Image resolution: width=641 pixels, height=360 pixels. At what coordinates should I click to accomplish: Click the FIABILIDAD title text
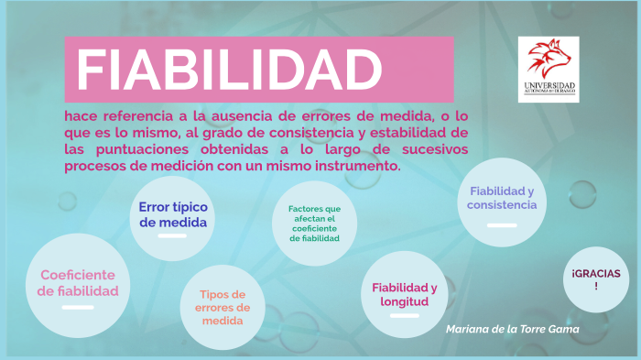pos(229,69)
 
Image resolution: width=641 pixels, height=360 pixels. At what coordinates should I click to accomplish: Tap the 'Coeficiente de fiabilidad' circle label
pos(78,283)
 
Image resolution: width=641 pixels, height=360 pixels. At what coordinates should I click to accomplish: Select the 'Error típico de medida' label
pos(173,214)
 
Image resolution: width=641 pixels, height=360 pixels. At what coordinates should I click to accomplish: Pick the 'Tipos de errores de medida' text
pos(223,308)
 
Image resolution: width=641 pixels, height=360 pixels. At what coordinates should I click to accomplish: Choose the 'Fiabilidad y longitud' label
pos(404,294)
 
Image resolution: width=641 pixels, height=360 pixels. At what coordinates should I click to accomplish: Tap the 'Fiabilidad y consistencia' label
pos(501,198)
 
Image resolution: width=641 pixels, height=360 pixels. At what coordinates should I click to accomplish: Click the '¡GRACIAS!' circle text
pos(596,279)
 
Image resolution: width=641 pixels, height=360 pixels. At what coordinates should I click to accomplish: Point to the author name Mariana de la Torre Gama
pos(513,328)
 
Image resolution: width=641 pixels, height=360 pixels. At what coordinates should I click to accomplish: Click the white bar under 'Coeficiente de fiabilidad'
pos(78,307)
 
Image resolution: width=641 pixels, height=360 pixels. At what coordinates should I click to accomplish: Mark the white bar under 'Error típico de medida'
pos(172,235)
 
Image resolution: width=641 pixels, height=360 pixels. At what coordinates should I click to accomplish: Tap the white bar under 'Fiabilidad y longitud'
pos(404,315)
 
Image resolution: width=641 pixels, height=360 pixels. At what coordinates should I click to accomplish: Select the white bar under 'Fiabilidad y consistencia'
pos(501,224)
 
